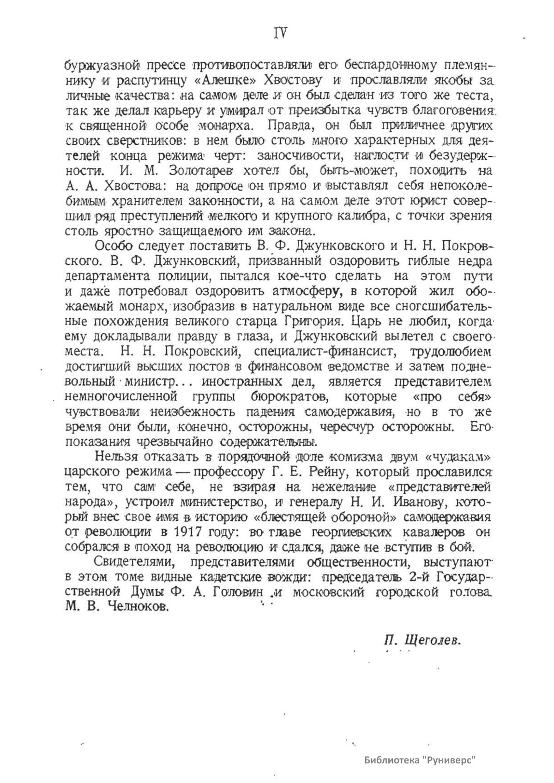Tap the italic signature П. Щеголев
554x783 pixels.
(x=422, y=640)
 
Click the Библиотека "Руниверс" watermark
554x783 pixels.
(x=420, y=760)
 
